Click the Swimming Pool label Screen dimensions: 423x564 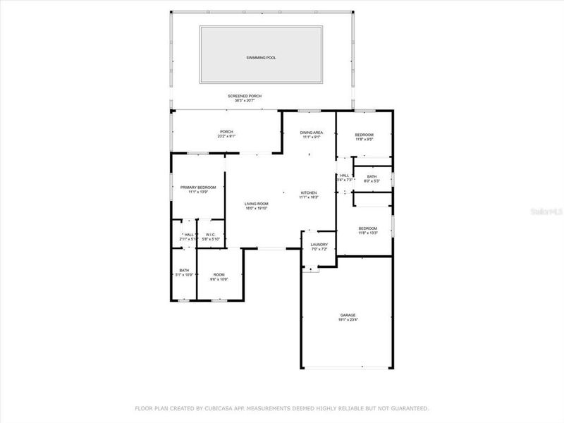262,58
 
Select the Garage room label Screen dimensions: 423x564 348,315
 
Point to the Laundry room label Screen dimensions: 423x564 319,245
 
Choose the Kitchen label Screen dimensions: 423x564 309,192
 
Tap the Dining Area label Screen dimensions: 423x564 312,132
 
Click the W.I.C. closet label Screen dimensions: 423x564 210,235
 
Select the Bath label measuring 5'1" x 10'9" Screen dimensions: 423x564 184,270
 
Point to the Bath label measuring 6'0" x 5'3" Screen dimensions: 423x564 372,176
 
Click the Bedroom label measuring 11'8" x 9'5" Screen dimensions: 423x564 364,135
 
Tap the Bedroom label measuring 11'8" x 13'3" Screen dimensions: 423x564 368,228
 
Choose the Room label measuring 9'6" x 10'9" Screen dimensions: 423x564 219,274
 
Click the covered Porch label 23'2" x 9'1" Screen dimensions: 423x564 226,131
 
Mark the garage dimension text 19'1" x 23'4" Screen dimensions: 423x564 348,320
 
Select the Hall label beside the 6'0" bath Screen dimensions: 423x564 345,176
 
